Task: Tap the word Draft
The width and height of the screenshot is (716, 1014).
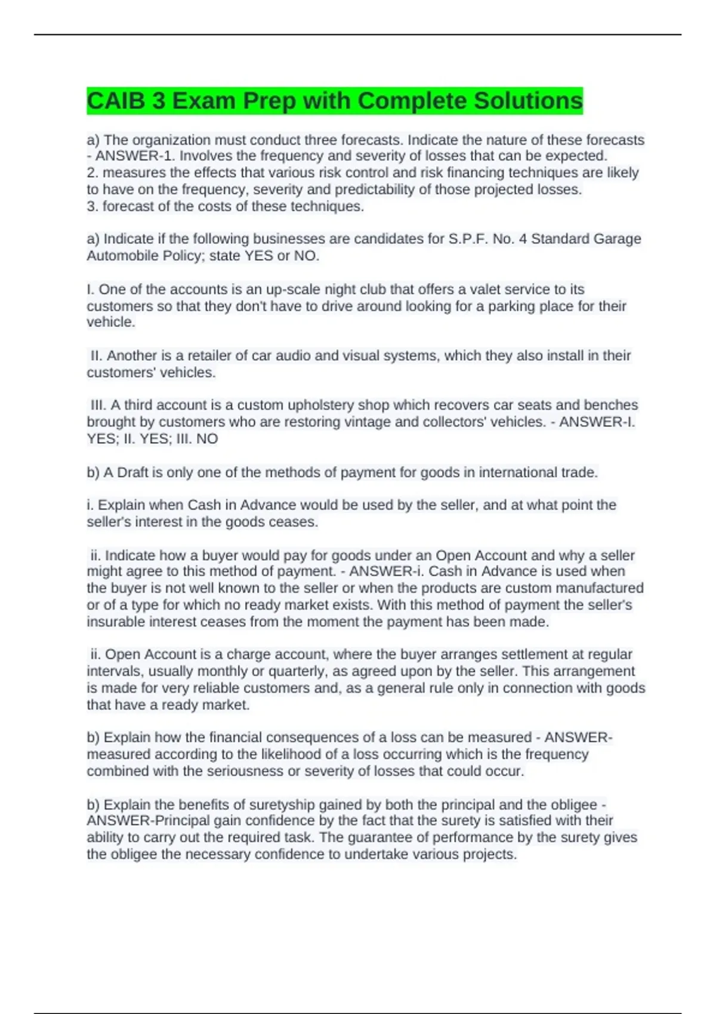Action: [132, 472]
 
